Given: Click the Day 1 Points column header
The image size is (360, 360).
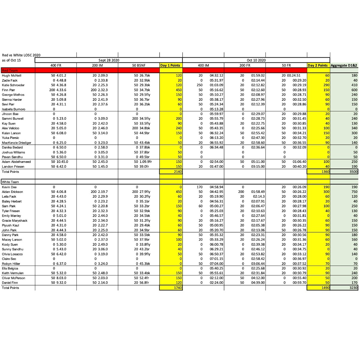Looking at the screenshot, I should pos(170,65).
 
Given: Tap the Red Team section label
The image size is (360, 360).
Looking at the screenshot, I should pos(10,70).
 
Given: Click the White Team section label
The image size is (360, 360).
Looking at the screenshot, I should pos(10,182).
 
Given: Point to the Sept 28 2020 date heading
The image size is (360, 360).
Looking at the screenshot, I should pos(109,60).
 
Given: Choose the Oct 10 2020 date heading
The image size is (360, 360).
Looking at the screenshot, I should pos(256,60).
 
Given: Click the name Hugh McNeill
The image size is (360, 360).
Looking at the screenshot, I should pos(11,76).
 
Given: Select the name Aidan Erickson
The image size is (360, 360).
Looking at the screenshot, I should pos(12,192).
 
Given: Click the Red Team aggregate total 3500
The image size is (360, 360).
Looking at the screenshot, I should pos(353,172).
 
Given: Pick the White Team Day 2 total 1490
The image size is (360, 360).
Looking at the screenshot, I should pos(325,288).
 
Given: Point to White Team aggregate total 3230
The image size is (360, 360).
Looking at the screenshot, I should pos(353,288).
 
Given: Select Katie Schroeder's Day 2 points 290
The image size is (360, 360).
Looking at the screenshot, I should pos(326,85).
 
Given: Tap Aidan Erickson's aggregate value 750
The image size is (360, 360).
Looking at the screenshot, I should pos(354,192).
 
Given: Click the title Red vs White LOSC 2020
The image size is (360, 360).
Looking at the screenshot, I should pos(21,55).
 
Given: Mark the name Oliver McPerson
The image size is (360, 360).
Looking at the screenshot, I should pos(13,278).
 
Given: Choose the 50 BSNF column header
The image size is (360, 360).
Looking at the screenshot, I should pos(139,65).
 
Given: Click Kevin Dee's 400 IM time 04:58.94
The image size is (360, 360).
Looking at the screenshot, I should pos(216,187).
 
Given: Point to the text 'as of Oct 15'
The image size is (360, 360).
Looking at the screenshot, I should pos(11,60).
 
